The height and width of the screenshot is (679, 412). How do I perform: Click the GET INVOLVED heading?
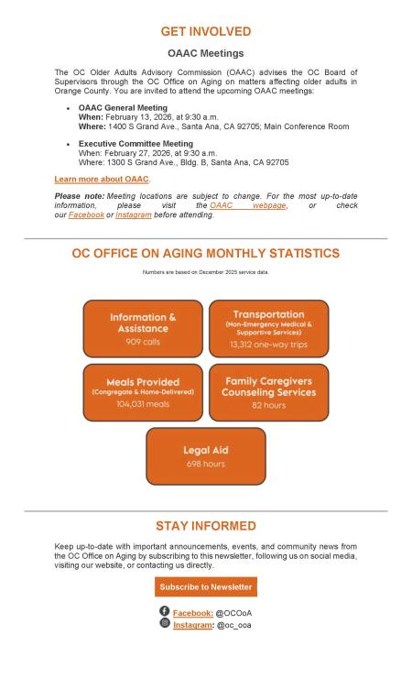pyautogui.click(x=205, y=32)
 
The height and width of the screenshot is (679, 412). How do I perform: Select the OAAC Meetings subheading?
pyautogui.click(x=205, y=53)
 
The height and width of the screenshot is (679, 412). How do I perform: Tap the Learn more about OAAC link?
pyautogui.click(x=101, y=179)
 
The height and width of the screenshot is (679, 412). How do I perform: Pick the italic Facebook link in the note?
pyautogui.click(x=86, y=214)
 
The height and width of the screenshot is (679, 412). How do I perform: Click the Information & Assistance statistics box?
pyautogui.click(x=143, y=328)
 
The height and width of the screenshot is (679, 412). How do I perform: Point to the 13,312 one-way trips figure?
pyautogui.click(x=268, y=345)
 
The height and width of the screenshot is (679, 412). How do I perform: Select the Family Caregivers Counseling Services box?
pyautogui.click(x=268, y=392)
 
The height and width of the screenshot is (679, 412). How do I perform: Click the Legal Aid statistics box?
pyautogui.click(x=205, y=455)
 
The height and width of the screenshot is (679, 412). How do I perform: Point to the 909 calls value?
pyautogui.click(x=143, y=341)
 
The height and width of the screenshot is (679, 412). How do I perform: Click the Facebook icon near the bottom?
pyautogui.click(x=164, y=611)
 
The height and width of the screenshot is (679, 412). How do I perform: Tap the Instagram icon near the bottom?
pyautogui.click(x=164, y=623)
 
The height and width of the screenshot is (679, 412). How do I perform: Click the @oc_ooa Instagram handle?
pyautogui.click(x=233, y=625)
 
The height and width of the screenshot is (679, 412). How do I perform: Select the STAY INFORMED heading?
pyautogui.click(x=205, y=526)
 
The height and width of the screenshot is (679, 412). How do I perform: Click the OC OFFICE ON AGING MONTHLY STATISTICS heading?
pyautogui.click(x=205, y=253)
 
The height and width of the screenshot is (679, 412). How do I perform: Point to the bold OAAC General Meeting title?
pyautogui.click(x=123, y=108)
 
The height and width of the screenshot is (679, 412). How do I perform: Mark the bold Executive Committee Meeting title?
pyautogui.click(x=136, y=144)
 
